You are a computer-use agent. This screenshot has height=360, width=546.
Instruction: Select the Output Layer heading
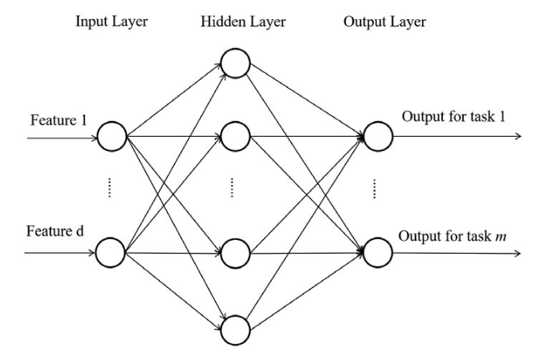(x=384, y=22)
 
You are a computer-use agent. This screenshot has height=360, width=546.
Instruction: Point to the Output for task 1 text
(x=453, y=117)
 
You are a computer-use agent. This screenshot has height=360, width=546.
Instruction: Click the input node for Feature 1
(x=111, y=137)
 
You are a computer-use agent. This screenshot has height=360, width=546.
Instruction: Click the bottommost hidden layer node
(x=235, y=329)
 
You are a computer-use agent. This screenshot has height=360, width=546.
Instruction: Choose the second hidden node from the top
(x=235, y=136)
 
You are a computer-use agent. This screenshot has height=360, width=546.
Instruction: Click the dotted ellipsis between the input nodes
(x=110, y=189)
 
